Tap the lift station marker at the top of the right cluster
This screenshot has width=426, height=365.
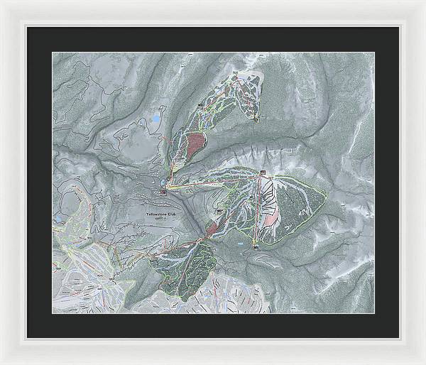[x=263, y=173]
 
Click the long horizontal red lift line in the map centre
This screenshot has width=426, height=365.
[x=213, y=183]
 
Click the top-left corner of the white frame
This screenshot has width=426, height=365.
[x=2, y=2]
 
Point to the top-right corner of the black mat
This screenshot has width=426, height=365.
[x=398, y=27]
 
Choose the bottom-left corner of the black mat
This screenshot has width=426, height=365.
[x=28, y=337]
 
